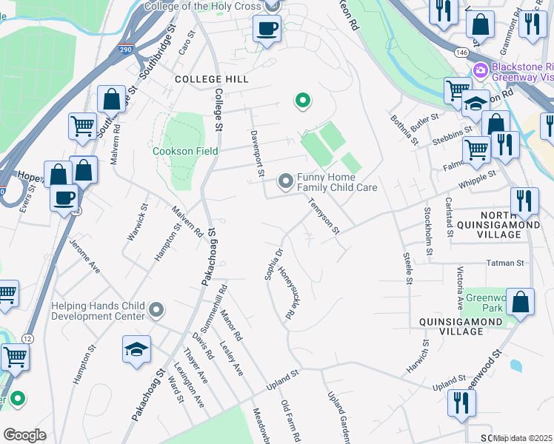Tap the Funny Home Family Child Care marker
(285, 181)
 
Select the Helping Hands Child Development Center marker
(156, 310)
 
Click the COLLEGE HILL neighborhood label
(211, 78)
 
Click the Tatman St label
(505, 263)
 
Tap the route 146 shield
(461, 53)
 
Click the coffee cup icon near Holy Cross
(267, 29)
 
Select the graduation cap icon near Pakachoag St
(137, 349)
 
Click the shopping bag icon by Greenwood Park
(521, 302)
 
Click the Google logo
(24, 435)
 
